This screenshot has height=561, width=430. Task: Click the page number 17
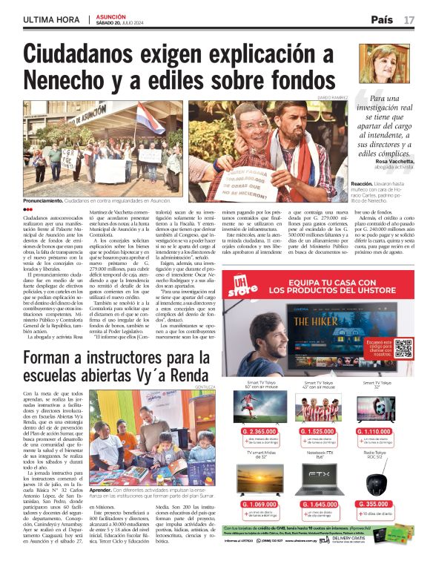click(408, 19)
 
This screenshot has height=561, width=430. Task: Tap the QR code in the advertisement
click(403, 347)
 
